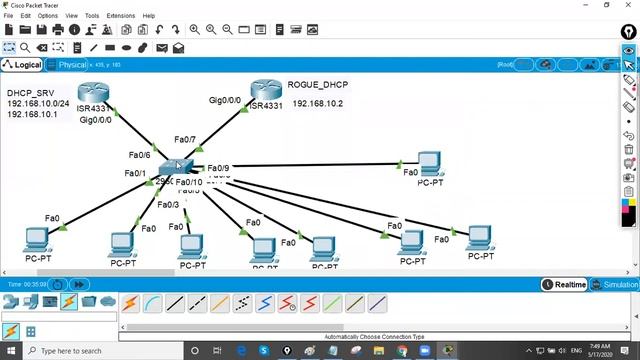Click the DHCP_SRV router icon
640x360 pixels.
[92, 94]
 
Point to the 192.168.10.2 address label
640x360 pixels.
[318, 104]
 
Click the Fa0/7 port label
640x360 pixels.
[185, 140]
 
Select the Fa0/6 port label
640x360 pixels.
[139, 155]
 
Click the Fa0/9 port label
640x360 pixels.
[218, 168]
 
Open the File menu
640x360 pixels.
[8, 16]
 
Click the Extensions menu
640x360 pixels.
[120, 16]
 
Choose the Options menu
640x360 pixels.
[47, 16]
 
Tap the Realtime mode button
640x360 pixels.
[565, 285]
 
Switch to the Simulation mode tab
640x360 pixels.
[616, 285]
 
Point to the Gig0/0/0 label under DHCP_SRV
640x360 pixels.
[96, 120]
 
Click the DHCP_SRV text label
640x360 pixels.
[30, 93]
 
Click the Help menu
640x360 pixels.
[149, 16]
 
